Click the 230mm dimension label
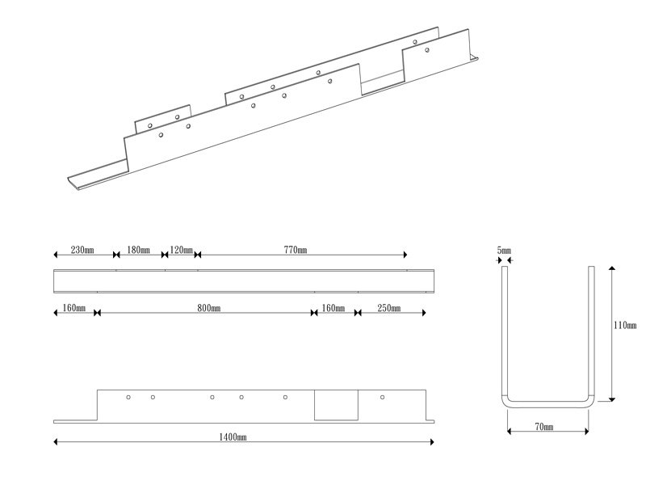[x=82, y=250]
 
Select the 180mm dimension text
[x=138, y=250]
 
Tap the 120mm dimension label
[x=181, y=250]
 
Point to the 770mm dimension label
[x=296, y=250]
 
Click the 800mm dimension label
[x=209, y=308]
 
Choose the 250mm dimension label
[x=389, y=308]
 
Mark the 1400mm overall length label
[x=233, y=437]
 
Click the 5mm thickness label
[x=504, y=251]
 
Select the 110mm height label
[x=625, y=326]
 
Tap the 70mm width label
[x=544, y=427]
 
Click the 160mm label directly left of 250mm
[x=333, y=308]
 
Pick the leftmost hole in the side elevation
[x=128, y=397]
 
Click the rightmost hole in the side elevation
[x=382, y=397]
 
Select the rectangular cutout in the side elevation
[x=336, y=405]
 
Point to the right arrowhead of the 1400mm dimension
[x=432, y=442]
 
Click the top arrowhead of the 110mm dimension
[x=612, y=268]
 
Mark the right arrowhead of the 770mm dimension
[x=405, y=255]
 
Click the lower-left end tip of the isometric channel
[x=69, y=179]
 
